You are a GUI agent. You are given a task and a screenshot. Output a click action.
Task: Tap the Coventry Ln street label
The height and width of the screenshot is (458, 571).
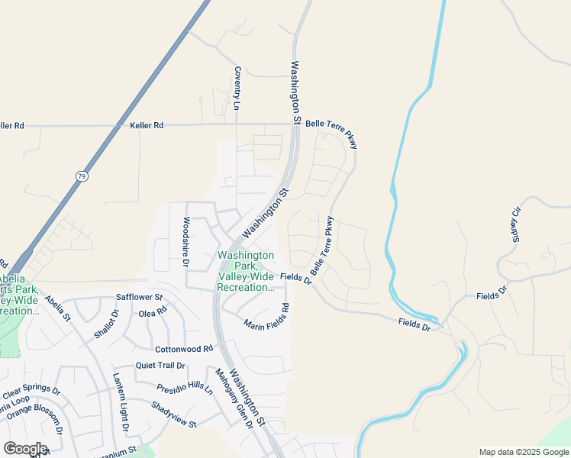[237, 87]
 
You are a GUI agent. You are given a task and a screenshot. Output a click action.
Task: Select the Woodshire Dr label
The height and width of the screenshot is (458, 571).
[185, 241]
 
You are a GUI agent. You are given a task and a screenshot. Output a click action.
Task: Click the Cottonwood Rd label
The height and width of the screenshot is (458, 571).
[183, 349]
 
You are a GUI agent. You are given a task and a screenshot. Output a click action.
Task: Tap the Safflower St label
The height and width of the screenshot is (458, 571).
[139, 296]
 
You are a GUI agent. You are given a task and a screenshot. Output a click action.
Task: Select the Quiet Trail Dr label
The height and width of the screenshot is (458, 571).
[160, 366]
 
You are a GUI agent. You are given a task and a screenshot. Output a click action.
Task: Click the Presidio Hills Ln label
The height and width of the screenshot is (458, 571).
[185, 388]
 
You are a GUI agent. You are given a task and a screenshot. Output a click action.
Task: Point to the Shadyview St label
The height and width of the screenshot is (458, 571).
[174, 414]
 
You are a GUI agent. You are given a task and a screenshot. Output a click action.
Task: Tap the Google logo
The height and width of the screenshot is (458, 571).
[25, 449]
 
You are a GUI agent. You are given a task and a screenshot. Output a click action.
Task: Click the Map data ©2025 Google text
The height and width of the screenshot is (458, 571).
[523, 452]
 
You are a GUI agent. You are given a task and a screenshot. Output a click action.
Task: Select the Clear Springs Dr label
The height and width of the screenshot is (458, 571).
[31, 394]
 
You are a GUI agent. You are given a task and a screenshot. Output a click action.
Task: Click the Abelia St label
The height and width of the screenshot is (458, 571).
[57, 308]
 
